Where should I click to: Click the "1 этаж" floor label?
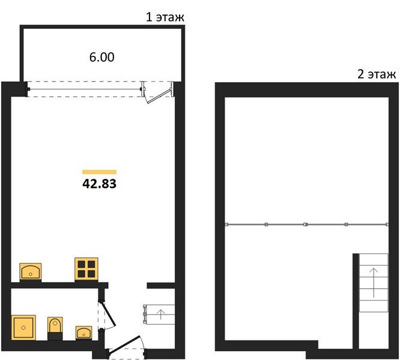(x=165, y=17)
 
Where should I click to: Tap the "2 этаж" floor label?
(x=377, y=74)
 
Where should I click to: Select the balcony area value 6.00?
(x=102, y=57)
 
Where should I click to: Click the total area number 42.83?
(x=99, y=184)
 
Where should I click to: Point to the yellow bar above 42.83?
(x=99, y=172)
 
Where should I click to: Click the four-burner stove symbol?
(x=86, y=269)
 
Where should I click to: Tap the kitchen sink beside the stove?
(x=31, y=272)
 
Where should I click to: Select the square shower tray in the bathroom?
(x=23, y=328)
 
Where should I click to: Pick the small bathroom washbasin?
(x=83, y=333)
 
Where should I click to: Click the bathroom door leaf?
(x=109, y=314)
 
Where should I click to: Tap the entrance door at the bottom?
(x=124, y=344)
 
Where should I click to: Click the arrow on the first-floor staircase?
(x=161, y=314)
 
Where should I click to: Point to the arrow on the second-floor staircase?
(x=374, y=283)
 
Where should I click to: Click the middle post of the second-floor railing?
(x=305, y=224)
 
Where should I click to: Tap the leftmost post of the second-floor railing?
(x=226, y=224)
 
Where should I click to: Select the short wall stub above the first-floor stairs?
(x=161, y=286)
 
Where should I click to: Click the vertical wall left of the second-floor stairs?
(x=356, y=301)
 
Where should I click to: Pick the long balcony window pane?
(x=85, y=89)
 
